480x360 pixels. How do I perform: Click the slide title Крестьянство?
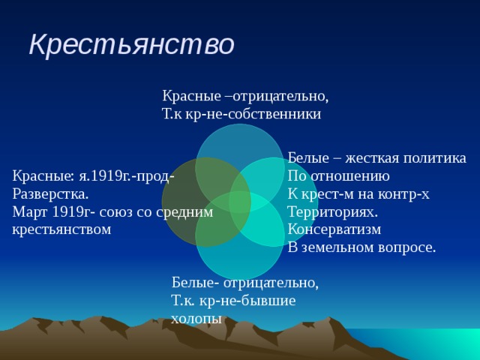point(131,45)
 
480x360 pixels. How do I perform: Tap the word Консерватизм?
point(334,229)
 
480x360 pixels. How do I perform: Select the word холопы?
point(196,319)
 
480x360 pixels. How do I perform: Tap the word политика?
point(435,158)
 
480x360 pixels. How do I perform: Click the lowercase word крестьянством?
point(61,229)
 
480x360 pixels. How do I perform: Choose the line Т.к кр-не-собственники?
point(241,114)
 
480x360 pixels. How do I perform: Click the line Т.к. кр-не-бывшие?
point(233,301)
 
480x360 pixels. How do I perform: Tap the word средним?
point(184,212)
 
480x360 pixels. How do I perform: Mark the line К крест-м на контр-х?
point(358,194)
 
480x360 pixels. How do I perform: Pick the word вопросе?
point(408,247)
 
